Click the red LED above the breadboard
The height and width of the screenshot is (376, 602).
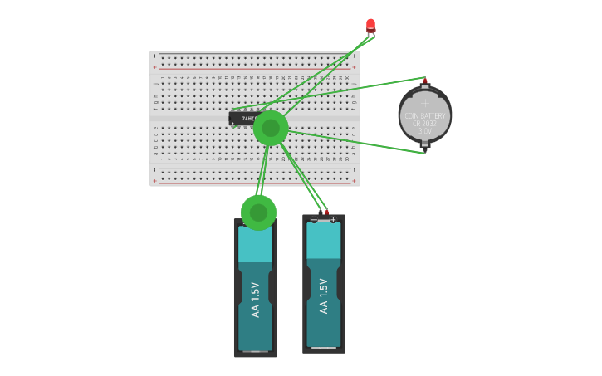coord(370,25)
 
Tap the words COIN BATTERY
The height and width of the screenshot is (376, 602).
coord(424,116)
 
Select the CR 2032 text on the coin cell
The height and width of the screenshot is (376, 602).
coord(424,124)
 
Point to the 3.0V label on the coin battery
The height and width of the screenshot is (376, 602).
coord(424,131)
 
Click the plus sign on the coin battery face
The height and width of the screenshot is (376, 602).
coord(425,104)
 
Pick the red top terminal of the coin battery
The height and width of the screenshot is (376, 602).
coord(425,81)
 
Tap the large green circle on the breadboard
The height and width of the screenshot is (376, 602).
coord(271,128)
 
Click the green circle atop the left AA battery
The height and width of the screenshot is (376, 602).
coord(258,212)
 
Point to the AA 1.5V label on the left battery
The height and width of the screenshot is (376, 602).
coord(255,300)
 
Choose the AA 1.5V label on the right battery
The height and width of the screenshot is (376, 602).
coord(324,295)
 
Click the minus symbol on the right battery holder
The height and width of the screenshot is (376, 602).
coord(314,219)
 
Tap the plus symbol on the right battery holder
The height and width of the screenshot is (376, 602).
coord(333,219)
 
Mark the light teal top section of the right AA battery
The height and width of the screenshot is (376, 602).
coord(324,241)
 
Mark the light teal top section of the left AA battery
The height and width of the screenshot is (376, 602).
coord(255,245)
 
